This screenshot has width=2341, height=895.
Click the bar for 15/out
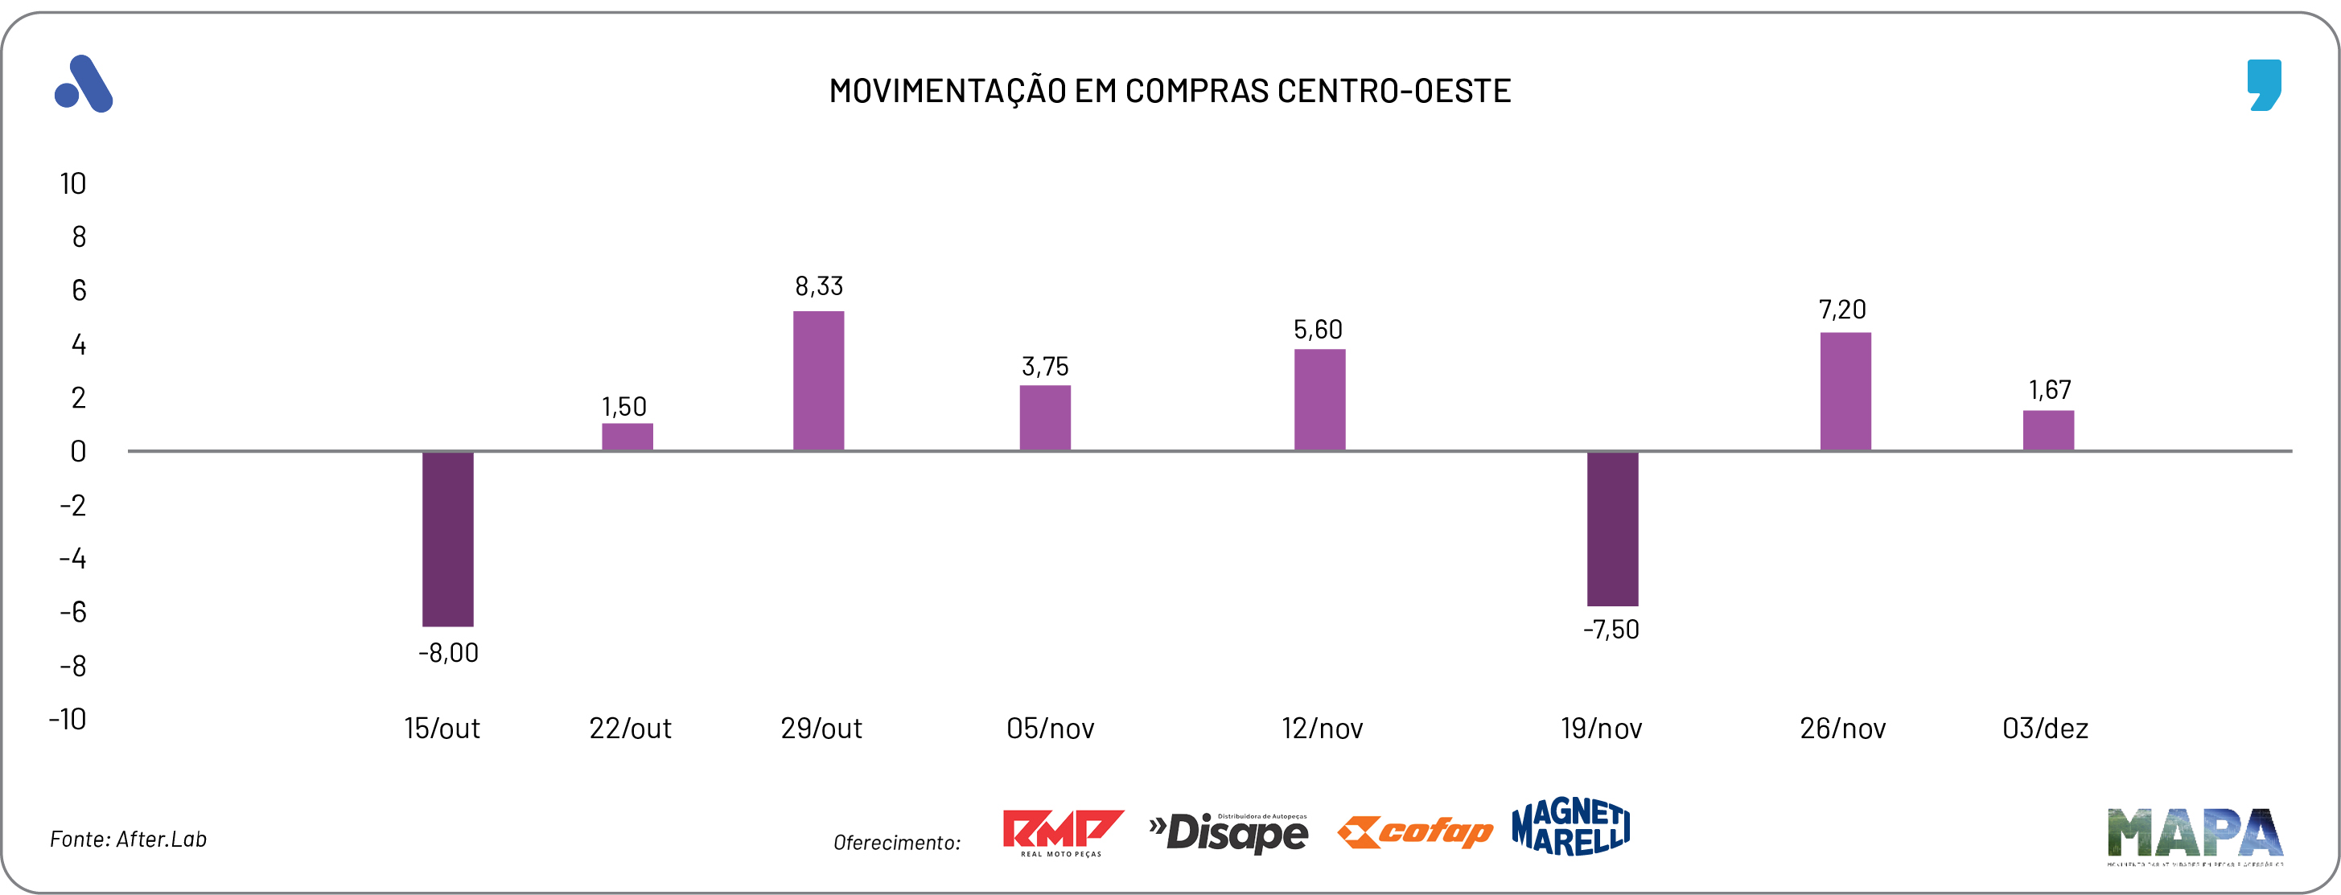(447, 538)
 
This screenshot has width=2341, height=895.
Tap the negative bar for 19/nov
(1612, 528)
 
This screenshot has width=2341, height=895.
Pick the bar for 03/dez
(2048, 431)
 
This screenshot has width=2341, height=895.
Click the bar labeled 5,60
(1319, 400)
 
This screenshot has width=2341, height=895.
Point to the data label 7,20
(1842, 310)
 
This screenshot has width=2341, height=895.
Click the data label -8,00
(448, 652)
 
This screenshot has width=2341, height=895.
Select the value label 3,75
(1045, 366)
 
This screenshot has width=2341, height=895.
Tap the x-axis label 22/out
(630, 729)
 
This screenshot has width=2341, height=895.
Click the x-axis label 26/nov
(1843, 729)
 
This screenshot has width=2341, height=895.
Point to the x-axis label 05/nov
(1050, 729)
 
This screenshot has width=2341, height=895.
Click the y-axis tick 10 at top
(72, 184)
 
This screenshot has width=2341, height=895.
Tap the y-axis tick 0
(78, 452)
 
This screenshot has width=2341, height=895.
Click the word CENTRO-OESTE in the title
(1393, 91)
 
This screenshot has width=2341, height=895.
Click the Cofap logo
(1415, 832)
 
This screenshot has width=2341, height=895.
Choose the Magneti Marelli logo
(1570, 827)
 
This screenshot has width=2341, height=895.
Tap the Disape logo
(1228, 832)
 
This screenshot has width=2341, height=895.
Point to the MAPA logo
(2194, 834)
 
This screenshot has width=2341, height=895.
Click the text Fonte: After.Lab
(128, 840)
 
